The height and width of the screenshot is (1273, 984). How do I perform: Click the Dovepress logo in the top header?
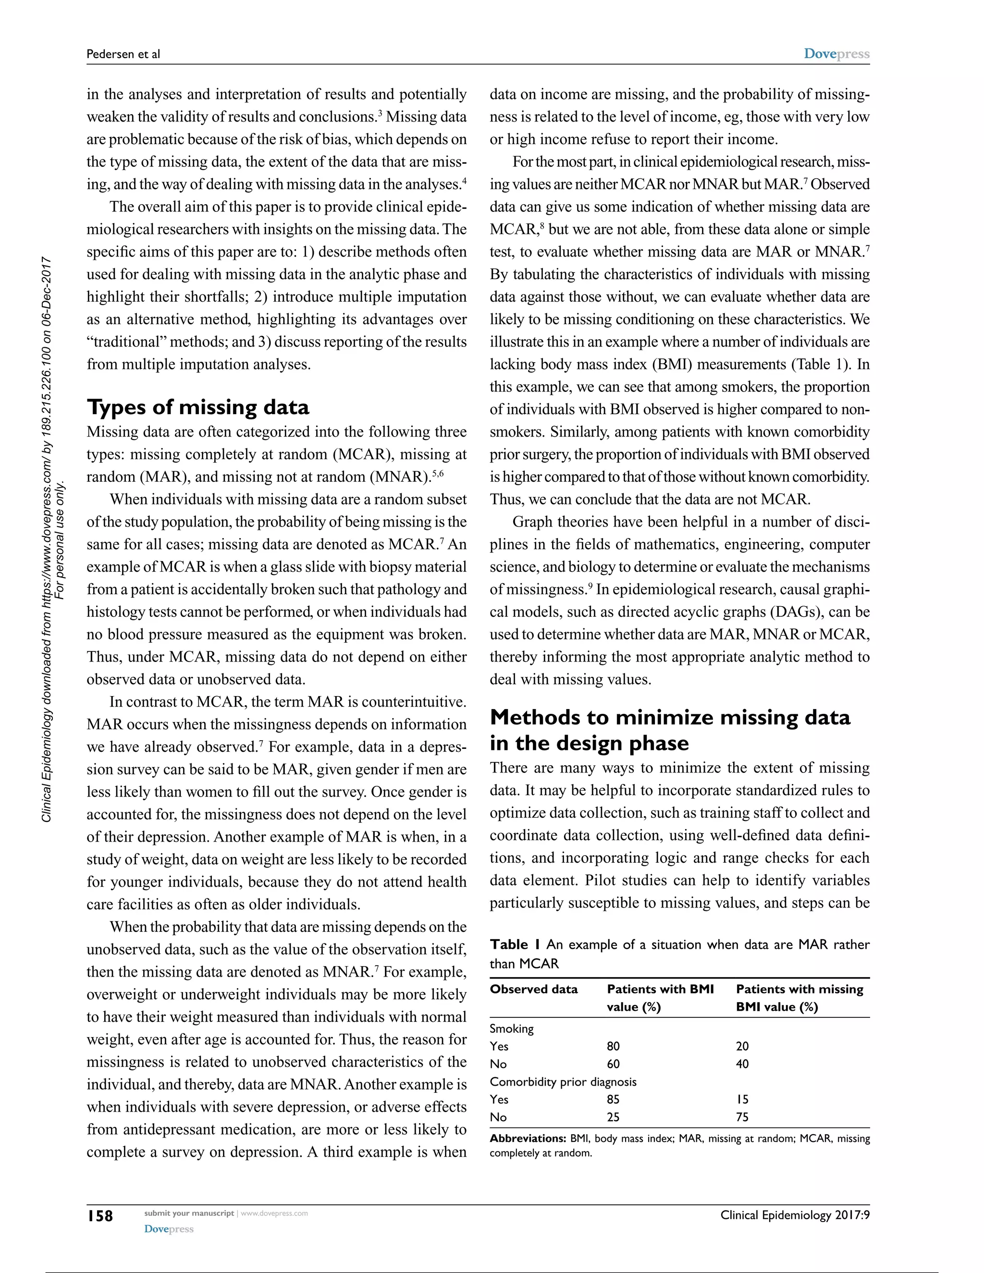[x=836, y=54]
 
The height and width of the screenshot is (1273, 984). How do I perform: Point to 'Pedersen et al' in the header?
[x=123, y=54]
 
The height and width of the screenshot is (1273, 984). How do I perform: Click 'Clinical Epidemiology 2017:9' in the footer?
[x=795, y=1215]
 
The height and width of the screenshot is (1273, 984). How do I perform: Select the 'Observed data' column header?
[x=533, y=989]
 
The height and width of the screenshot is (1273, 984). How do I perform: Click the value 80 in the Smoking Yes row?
[x=613, y=1046]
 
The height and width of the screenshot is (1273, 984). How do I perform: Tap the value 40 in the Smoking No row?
[x=742, y=1064]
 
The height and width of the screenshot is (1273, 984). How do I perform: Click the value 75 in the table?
[x=742, y=1117]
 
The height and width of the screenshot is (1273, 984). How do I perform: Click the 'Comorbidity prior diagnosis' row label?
[x=563, y=1082]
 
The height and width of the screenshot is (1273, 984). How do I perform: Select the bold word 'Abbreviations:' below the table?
[x=528, y=1138]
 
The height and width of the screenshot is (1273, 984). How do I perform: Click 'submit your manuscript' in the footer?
[x=188, y=1213]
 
